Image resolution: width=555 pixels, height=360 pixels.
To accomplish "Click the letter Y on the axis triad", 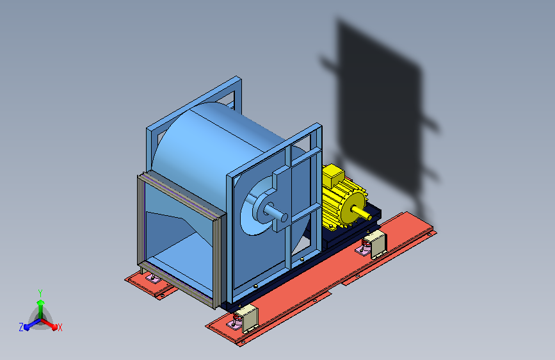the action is pos(40,293).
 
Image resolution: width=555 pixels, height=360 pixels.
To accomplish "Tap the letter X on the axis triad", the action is pos(60,327).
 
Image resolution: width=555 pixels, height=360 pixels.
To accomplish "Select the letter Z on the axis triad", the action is pos(21,327).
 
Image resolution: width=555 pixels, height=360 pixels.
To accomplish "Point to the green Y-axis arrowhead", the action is pos(40,302).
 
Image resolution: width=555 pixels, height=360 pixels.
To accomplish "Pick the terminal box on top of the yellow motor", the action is pos(333,176).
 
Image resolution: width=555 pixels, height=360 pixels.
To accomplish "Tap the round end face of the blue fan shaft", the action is pos(284,217).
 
